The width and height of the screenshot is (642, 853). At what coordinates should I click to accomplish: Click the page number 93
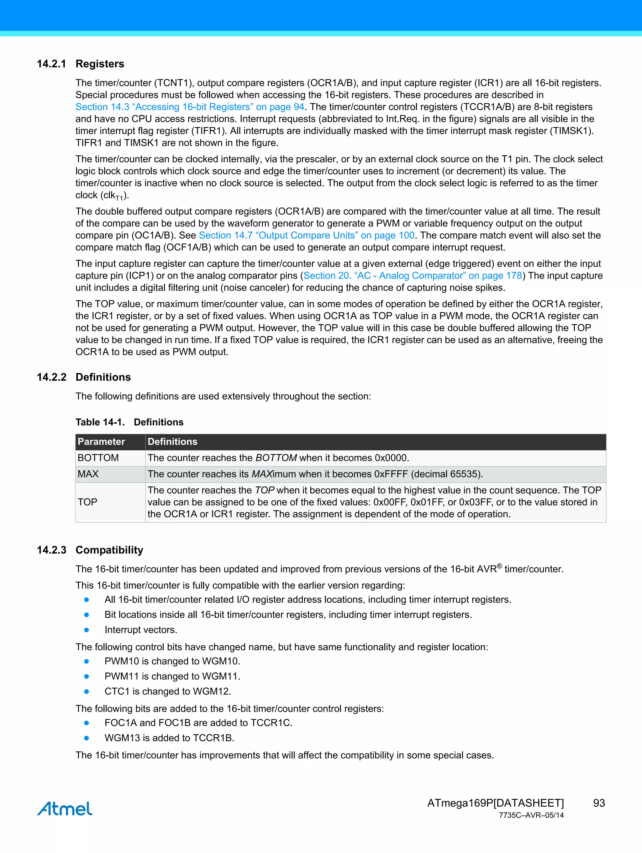click(x=598, y=803)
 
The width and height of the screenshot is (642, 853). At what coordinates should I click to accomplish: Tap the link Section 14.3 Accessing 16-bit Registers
click(x=190, y=107)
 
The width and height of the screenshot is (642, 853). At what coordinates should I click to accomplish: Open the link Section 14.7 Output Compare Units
click(x=306, y=235)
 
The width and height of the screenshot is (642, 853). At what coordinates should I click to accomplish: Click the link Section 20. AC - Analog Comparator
click(x=412, y=275)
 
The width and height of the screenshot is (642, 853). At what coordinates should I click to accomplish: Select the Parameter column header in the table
click(x=101, y=441)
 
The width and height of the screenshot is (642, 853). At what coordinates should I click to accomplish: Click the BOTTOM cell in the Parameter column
click(x=98, y=458)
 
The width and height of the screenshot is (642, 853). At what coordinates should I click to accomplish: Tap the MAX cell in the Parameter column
click(x=88, y=474)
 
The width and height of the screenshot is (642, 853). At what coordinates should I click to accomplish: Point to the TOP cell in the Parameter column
click(x=87, y=502)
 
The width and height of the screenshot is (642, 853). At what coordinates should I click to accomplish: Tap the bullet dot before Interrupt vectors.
click(x=87, y=630)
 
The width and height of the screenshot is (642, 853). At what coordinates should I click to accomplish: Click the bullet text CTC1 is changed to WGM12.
click(x=168, y=691)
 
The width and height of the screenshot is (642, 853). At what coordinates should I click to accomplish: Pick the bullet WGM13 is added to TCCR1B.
click(x=169, y=738)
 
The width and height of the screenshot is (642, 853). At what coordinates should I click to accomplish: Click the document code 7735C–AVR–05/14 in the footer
click(x=531, y=815)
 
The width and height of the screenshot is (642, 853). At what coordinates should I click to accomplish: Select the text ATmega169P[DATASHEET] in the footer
click(x=495, y=803)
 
